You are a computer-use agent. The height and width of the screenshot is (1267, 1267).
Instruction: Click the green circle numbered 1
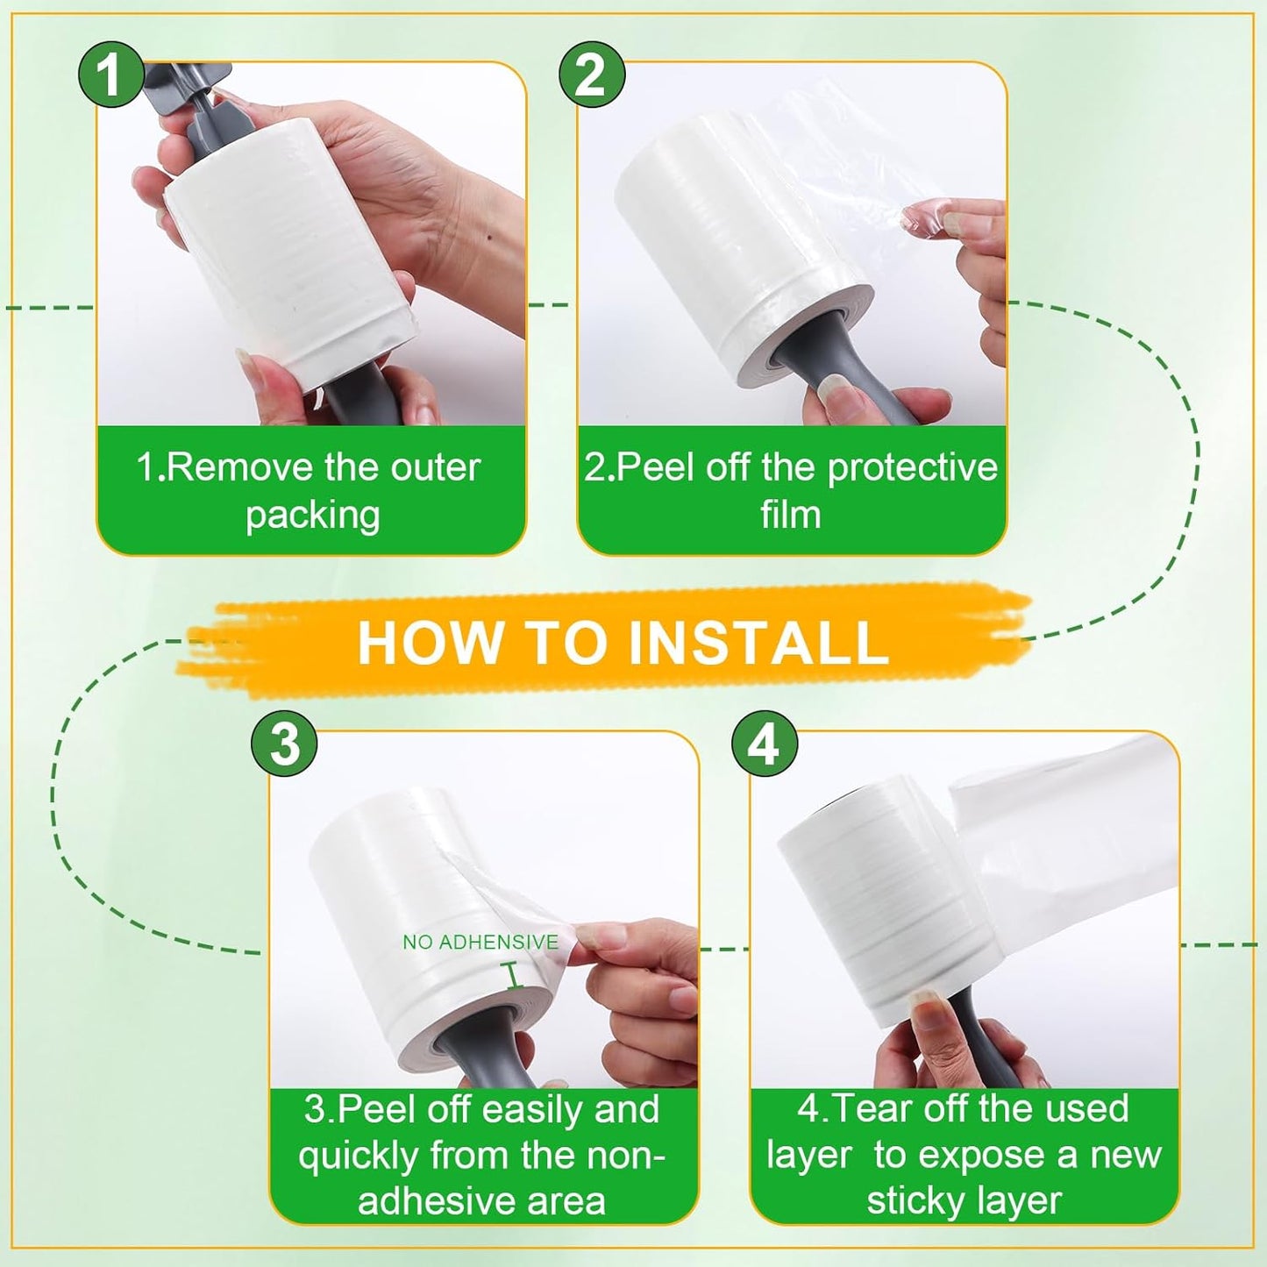tap(110, 75)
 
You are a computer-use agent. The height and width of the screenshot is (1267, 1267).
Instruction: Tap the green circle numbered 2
tap(592, 75)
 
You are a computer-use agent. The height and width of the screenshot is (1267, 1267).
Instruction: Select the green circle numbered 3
tap(285, 744)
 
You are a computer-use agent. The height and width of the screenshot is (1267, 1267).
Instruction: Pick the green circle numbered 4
tap(765, 744)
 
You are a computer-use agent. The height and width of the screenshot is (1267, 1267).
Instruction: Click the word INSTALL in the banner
tap(758, 643)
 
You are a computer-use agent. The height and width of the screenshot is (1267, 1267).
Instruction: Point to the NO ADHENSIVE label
tap(480, 943)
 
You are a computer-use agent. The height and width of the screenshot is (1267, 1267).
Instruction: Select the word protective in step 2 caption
tap(912, 468)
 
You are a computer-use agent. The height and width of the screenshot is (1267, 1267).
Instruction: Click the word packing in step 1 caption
tap(312, 516)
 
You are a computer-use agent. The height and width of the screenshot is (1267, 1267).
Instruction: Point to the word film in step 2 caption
tap(790, 515)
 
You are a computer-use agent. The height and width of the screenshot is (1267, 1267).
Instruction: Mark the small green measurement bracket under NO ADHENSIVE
tap(515, 976)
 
